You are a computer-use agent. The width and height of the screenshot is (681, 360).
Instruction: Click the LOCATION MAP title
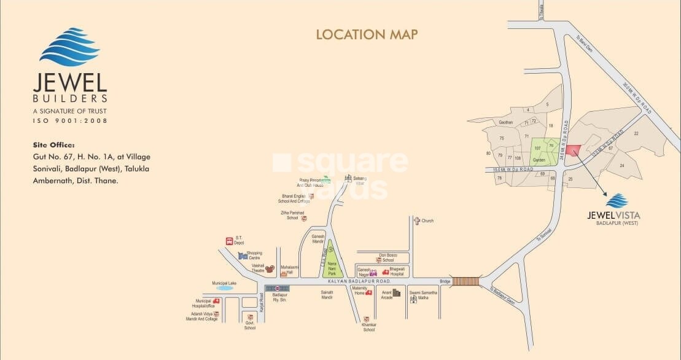(367, 34)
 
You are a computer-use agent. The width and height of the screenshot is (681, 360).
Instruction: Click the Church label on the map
(427, 221)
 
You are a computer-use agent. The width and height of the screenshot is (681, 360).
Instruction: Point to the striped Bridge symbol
(465, 281)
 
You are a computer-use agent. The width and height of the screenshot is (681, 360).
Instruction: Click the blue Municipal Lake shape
(224, 288)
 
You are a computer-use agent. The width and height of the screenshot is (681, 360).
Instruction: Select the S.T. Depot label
(239, 240)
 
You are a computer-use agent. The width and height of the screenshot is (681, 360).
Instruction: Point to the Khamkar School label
(368, 327)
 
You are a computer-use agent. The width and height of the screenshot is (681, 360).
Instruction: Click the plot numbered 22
(636, 133)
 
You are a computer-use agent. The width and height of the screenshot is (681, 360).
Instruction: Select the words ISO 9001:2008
(69, 120)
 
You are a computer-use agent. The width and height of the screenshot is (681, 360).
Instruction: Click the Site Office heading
(55, 146)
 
